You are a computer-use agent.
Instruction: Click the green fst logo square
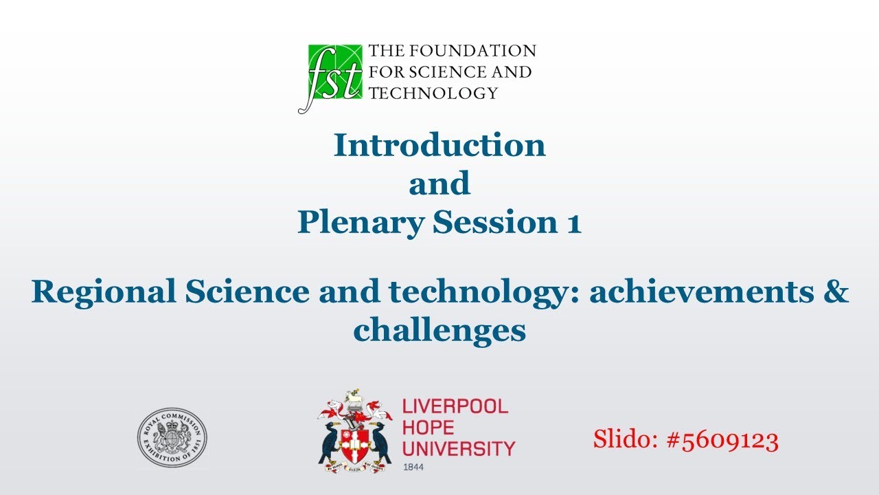[x=334, y=71]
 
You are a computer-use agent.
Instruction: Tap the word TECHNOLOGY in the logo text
[x=433, y=93]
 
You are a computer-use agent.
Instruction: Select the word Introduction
[x=439, y=145]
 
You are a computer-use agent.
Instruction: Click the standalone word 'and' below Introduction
[x=439, y=184]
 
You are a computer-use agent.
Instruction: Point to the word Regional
[x=102, y=292]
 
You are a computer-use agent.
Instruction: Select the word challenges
[x=439, y=331]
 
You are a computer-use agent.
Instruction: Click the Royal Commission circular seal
[x=172, y=438]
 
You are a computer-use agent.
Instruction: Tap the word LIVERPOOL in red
[x=455, y=406]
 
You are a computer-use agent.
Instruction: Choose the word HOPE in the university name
[x=428, y=428]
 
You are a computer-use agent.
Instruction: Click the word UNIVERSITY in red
[x=458, y=449]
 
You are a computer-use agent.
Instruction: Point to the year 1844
[x=413, y=467]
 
